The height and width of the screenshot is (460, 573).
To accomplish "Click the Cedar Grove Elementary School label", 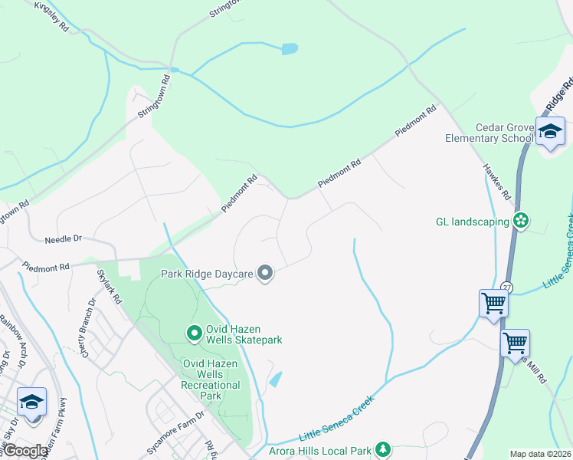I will click(x=490, y=133).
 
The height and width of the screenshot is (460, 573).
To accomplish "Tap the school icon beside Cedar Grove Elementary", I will click(x=549, y=131).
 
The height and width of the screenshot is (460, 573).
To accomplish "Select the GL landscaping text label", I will click(x=472, y=222).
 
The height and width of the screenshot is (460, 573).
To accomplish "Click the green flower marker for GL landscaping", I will click(x=522, y=222).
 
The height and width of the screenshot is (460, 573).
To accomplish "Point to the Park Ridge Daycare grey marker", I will click(x=265, y=272).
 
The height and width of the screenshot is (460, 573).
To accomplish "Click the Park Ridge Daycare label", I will click(x=206, y=272).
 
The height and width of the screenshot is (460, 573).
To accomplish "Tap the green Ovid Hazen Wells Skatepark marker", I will click(x=194, y=333).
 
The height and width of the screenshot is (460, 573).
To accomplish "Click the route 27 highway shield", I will click(x=506, y=286).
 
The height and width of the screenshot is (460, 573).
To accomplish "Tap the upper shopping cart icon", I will click(x=493, y=303).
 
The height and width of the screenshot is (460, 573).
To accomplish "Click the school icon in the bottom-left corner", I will click(x=31, y=402).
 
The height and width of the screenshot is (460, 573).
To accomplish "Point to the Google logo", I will click(x=26, y=450).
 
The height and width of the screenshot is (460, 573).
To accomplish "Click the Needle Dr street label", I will click(x=63, y=239).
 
